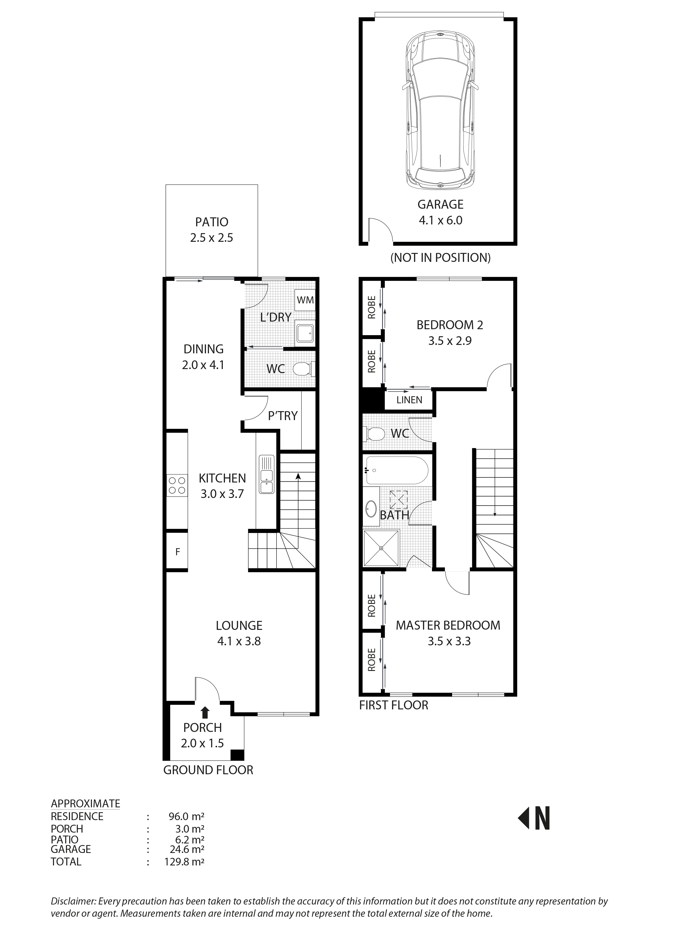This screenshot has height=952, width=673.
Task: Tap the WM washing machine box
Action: (x=306, y=300)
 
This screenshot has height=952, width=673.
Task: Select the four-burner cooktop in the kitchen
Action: (x=177, y=485)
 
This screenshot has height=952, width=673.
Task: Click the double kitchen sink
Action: (x=267, y=474)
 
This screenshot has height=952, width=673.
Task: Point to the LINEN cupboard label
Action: (x=409, y=400)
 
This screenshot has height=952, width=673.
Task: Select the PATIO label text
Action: (x=212, y=222)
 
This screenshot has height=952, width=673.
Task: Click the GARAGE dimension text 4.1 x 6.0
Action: (x=440, y=220)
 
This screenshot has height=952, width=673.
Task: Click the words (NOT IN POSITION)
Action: (x=440, y=258)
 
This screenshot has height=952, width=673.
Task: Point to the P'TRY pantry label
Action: (x=283, y=416)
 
